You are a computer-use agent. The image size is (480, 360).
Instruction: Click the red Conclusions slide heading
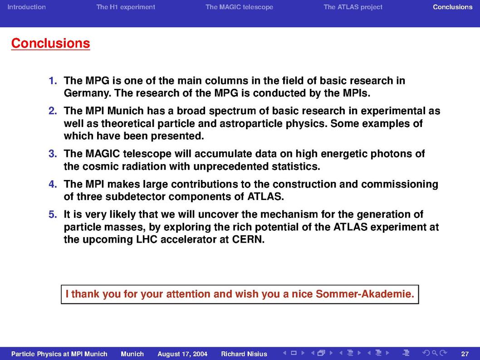(x=50, y=43)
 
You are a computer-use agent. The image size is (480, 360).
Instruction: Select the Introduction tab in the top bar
(x=26, y=7)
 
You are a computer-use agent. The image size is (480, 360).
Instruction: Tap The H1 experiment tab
(x=126, y=7)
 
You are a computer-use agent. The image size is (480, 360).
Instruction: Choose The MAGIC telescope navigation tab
(x=239, y=7)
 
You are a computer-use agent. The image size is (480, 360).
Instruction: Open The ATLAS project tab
(x=353, y=7)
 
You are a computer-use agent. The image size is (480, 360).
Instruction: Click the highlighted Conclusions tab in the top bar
(x=452, y=7)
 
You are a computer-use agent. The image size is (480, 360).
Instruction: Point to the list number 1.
(x=53, y=81)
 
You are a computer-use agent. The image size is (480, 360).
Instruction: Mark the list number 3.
(x=53, y=154)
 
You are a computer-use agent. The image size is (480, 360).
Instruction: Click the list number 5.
(x=53, y=214)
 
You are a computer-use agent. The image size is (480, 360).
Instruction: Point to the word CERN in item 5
(x=248, y=239)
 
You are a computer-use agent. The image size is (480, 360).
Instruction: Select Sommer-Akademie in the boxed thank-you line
(x=365, y=294)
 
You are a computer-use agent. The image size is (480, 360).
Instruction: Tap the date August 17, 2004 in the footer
(x=182, y=354)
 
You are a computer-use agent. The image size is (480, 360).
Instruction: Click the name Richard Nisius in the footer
(x=244, y=354)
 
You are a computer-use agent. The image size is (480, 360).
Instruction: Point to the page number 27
(x=465, y=354)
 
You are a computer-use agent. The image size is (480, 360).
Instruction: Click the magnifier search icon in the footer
(x=434, y=353)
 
